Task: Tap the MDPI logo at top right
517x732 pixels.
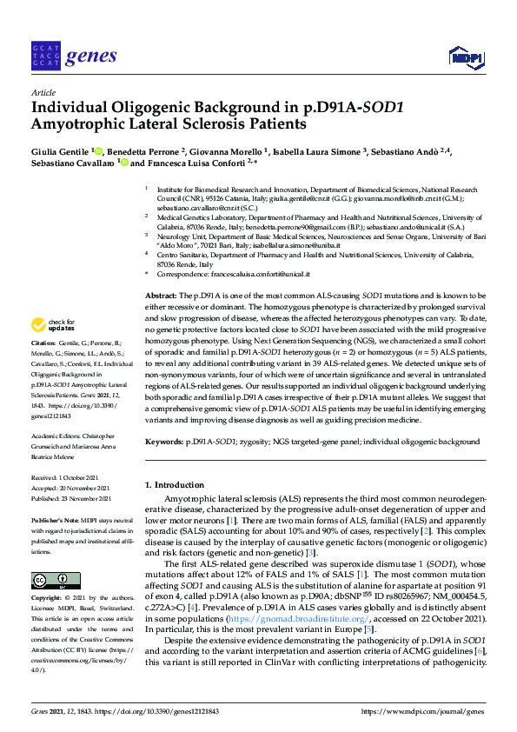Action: pyautogui.click(x=466, y=58)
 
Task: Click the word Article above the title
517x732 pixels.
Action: pyautogui.click(x=43, y=92)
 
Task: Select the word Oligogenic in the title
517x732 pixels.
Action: pyautogui.click(x=143, y=109)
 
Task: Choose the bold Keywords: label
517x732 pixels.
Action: pyautogui.click(x=164, y=442)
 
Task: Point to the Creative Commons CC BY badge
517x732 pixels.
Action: pyautogui.click(x=43, y=580)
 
